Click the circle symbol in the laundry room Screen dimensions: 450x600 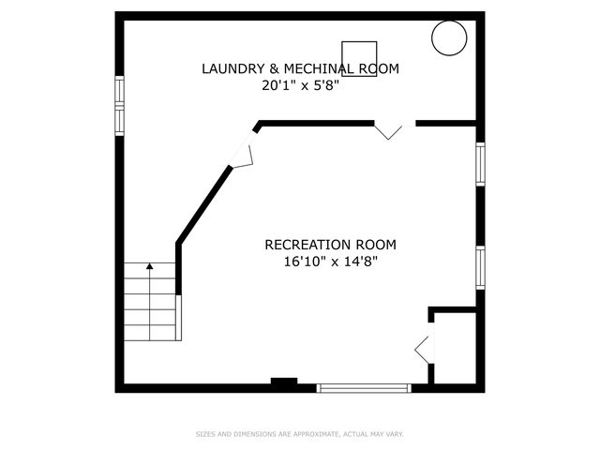click(x=448, y=38)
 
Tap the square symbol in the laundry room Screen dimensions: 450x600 click(x=359, y=58)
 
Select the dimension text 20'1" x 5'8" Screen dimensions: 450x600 click(x=300, y=85)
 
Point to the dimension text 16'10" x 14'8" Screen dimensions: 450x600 click(x=330, y=262)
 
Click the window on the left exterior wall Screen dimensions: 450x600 click(x=119, y=105)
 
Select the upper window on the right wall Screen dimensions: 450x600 click(x=479, y=165)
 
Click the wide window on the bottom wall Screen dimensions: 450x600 click(x=364, y=387)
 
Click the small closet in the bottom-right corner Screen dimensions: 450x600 click(x=455, y=348)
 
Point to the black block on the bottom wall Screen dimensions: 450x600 click(x=284, y=382)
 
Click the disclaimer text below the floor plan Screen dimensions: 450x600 click(x=299, y=434)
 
